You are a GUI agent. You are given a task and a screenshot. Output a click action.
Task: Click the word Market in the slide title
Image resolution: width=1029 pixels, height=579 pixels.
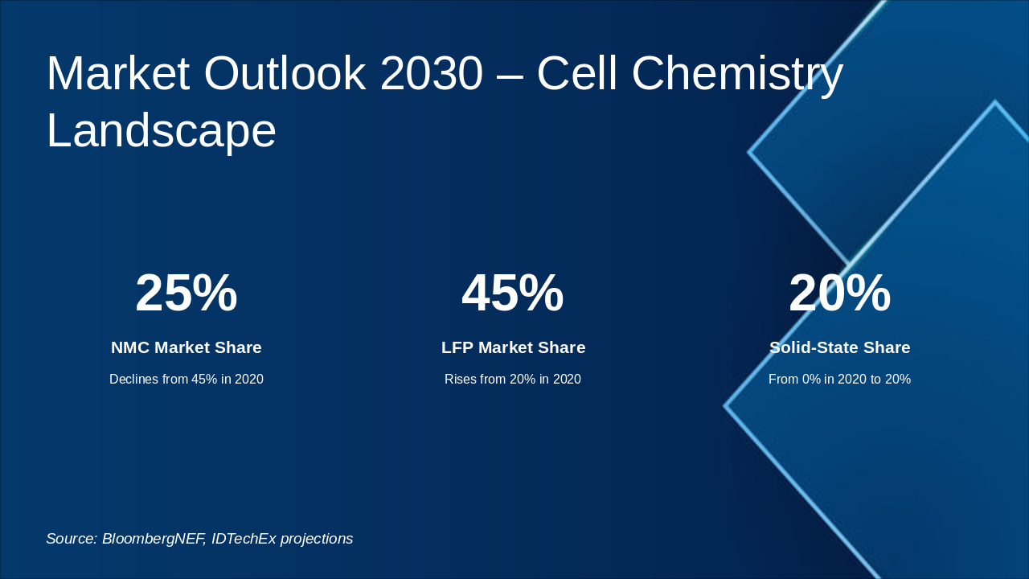click(117, 73)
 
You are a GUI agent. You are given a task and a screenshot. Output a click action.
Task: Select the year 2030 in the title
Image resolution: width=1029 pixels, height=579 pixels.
click(431, 73)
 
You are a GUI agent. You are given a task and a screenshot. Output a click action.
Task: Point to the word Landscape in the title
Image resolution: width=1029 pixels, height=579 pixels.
click(161, 130)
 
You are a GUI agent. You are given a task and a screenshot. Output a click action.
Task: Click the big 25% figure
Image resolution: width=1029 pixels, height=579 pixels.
click(187, 293)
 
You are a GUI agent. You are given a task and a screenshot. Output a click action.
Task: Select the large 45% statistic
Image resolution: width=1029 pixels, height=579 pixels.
click(513, 293)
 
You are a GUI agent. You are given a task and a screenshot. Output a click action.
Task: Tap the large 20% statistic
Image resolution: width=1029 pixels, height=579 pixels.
click(839, 293)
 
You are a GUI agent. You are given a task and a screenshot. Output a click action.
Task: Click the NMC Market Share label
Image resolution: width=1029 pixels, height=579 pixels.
click(187, 347)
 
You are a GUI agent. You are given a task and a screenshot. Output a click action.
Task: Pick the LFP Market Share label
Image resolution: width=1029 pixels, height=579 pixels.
click(513, 347)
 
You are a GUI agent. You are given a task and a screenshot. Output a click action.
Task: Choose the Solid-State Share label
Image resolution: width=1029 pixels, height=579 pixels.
click(839, 347)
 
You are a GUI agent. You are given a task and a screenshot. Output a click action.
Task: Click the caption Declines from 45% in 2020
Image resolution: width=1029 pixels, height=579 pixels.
click(187, 379)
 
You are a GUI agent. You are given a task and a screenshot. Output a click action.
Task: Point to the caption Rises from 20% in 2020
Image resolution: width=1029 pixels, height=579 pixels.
click(513, 379)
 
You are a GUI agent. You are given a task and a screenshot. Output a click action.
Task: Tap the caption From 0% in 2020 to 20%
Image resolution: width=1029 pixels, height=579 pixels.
click(839, 379)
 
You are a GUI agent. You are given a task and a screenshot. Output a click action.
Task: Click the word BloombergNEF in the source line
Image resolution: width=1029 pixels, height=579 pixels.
click(153, 539)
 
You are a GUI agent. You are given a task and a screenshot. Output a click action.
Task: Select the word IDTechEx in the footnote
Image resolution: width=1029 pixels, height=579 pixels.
click(242, 539)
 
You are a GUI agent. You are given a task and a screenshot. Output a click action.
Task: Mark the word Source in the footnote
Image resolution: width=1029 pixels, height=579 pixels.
click(71, 539)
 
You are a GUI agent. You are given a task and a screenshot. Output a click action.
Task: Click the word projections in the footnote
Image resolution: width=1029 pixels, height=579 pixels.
click(315, 539)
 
